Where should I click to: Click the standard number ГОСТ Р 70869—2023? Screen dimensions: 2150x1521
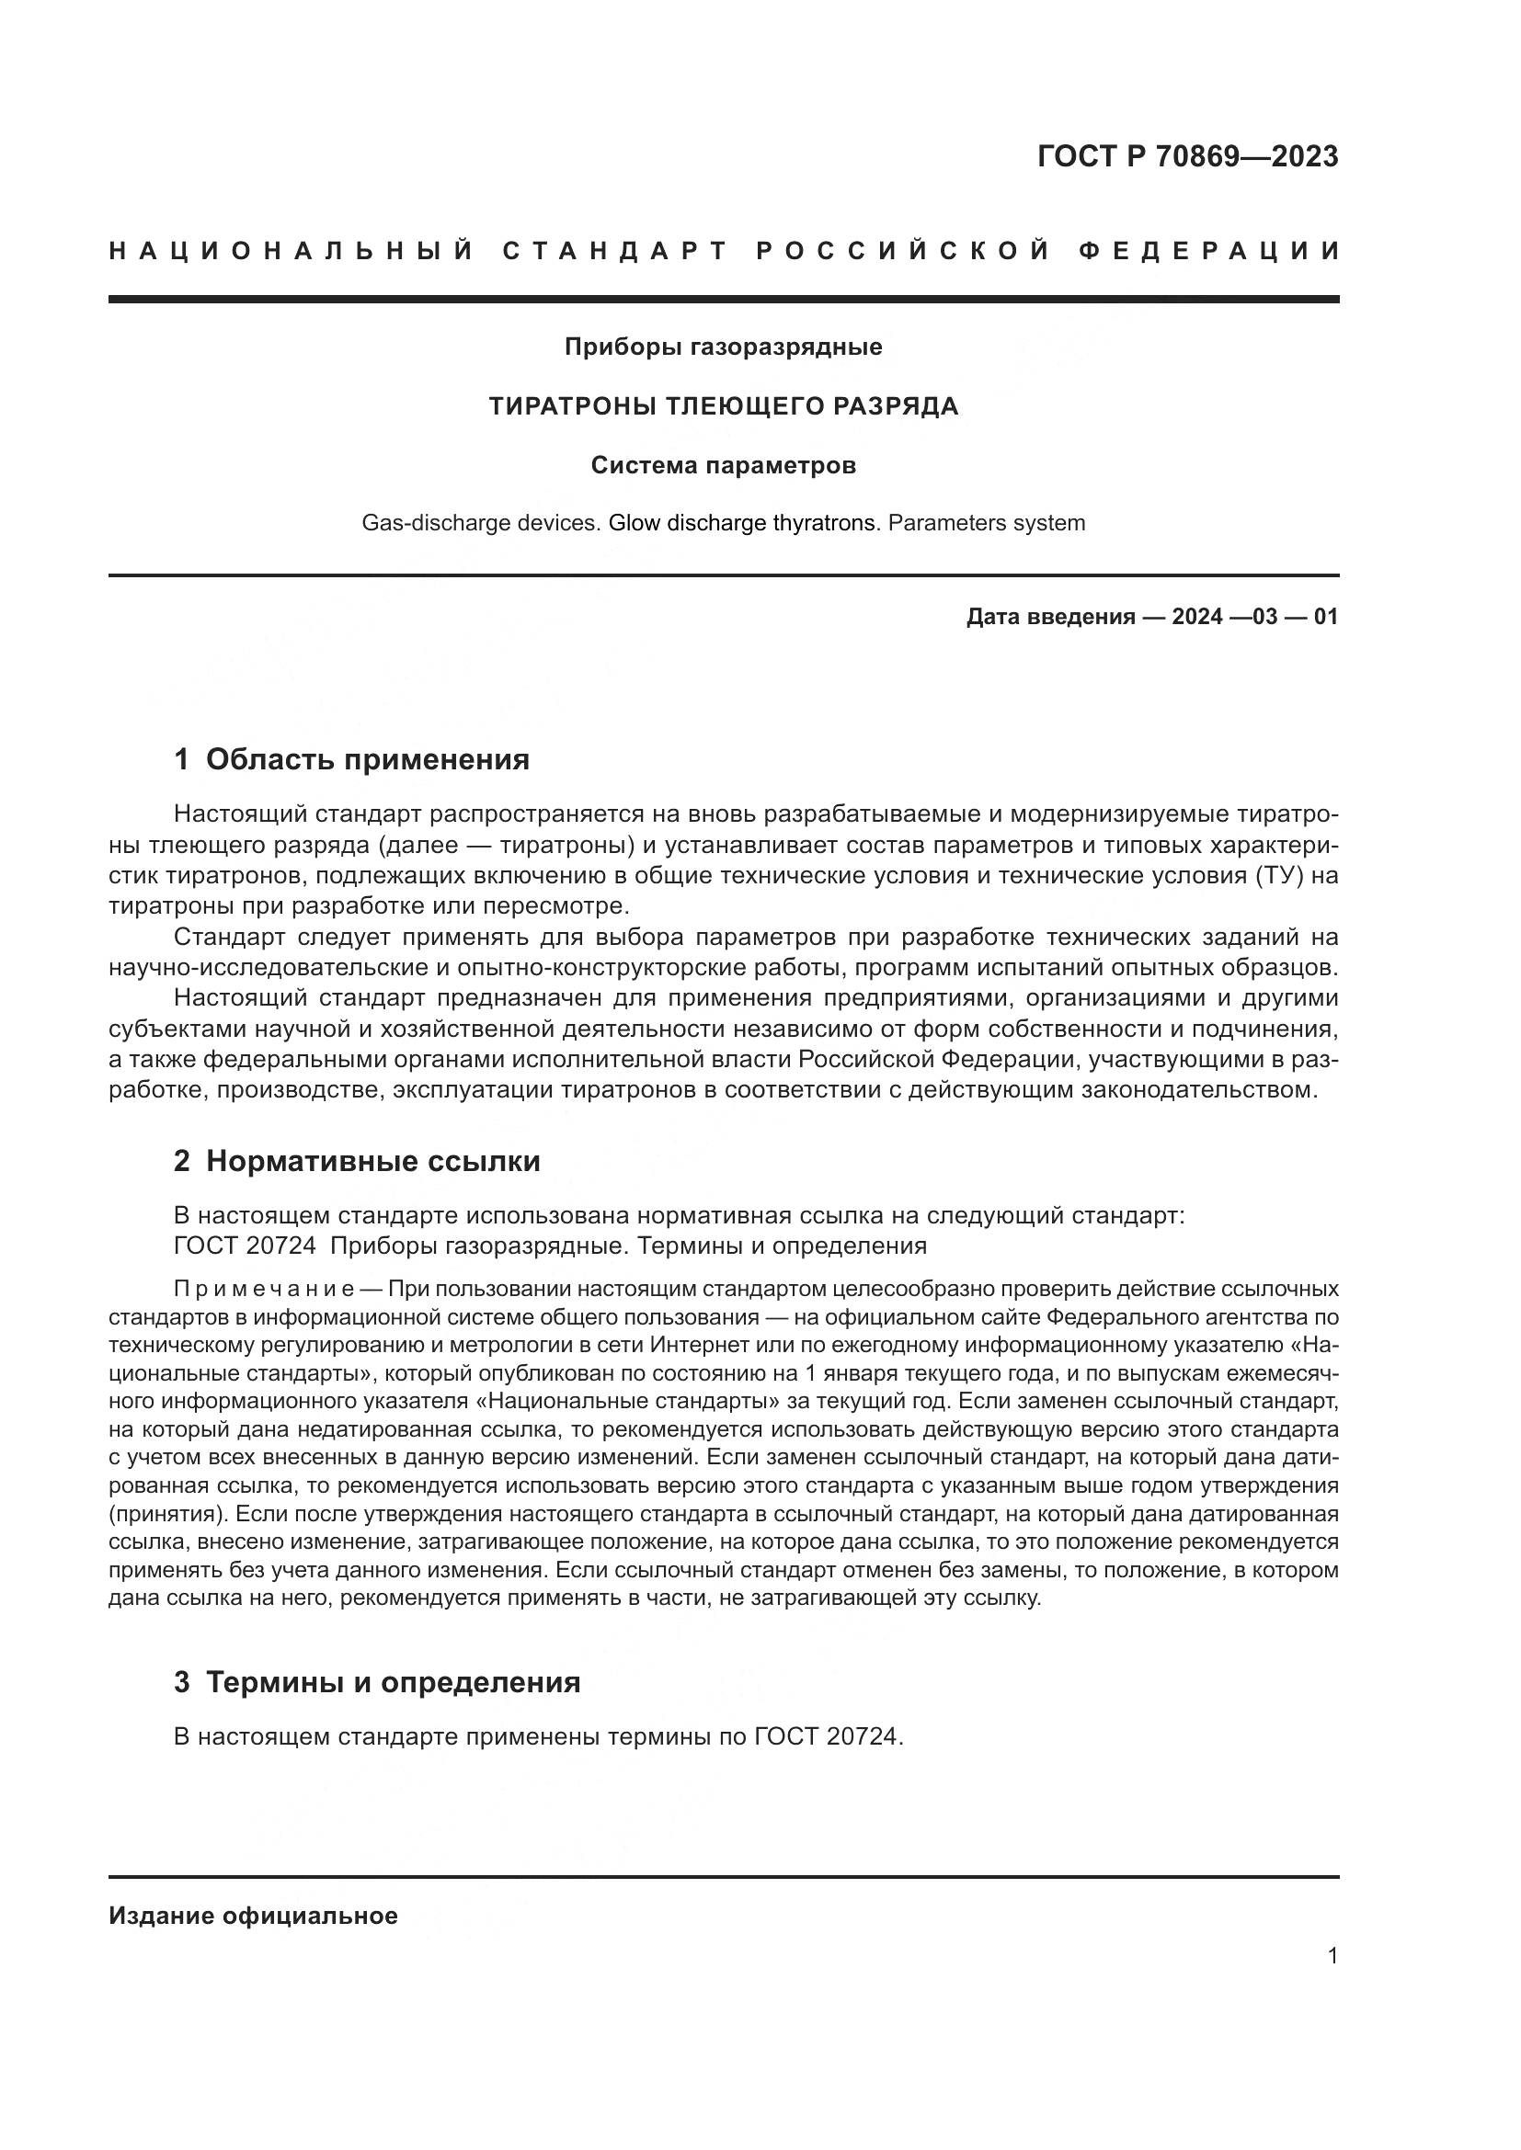click(1186, 156)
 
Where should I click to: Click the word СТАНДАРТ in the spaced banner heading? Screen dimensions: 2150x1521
click(614, 251)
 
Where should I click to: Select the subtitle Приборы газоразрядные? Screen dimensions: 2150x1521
click(723, 347)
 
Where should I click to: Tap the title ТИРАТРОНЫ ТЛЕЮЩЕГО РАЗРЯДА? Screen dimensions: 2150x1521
click(723, 406)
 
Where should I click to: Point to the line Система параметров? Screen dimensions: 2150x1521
click(723, 465)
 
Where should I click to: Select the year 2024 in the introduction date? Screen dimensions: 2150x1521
click(1196, 617)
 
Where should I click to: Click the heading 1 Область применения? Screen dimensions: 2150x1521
click(352, 759)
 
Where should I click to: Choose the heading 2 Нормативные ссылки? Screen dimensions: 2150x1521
click(357, 1161)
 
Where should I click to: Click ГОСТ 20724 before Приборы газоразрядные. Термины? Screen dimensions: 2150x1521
click(245, 1246)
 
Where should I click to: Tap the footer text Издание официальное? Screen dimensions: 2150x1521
click(253, 1916)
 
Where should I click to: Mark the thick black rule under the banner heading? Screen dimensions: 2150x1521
click(723, 299)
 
